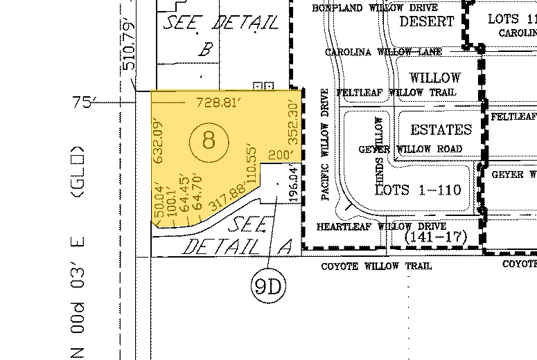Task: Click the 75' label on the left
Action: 82,102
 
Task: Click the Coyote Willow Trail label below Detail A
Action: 377,266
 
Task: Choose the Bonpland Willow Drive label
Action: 374,8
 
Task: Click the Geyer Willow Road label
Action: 410,149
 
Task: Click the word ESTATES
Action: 441,129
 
